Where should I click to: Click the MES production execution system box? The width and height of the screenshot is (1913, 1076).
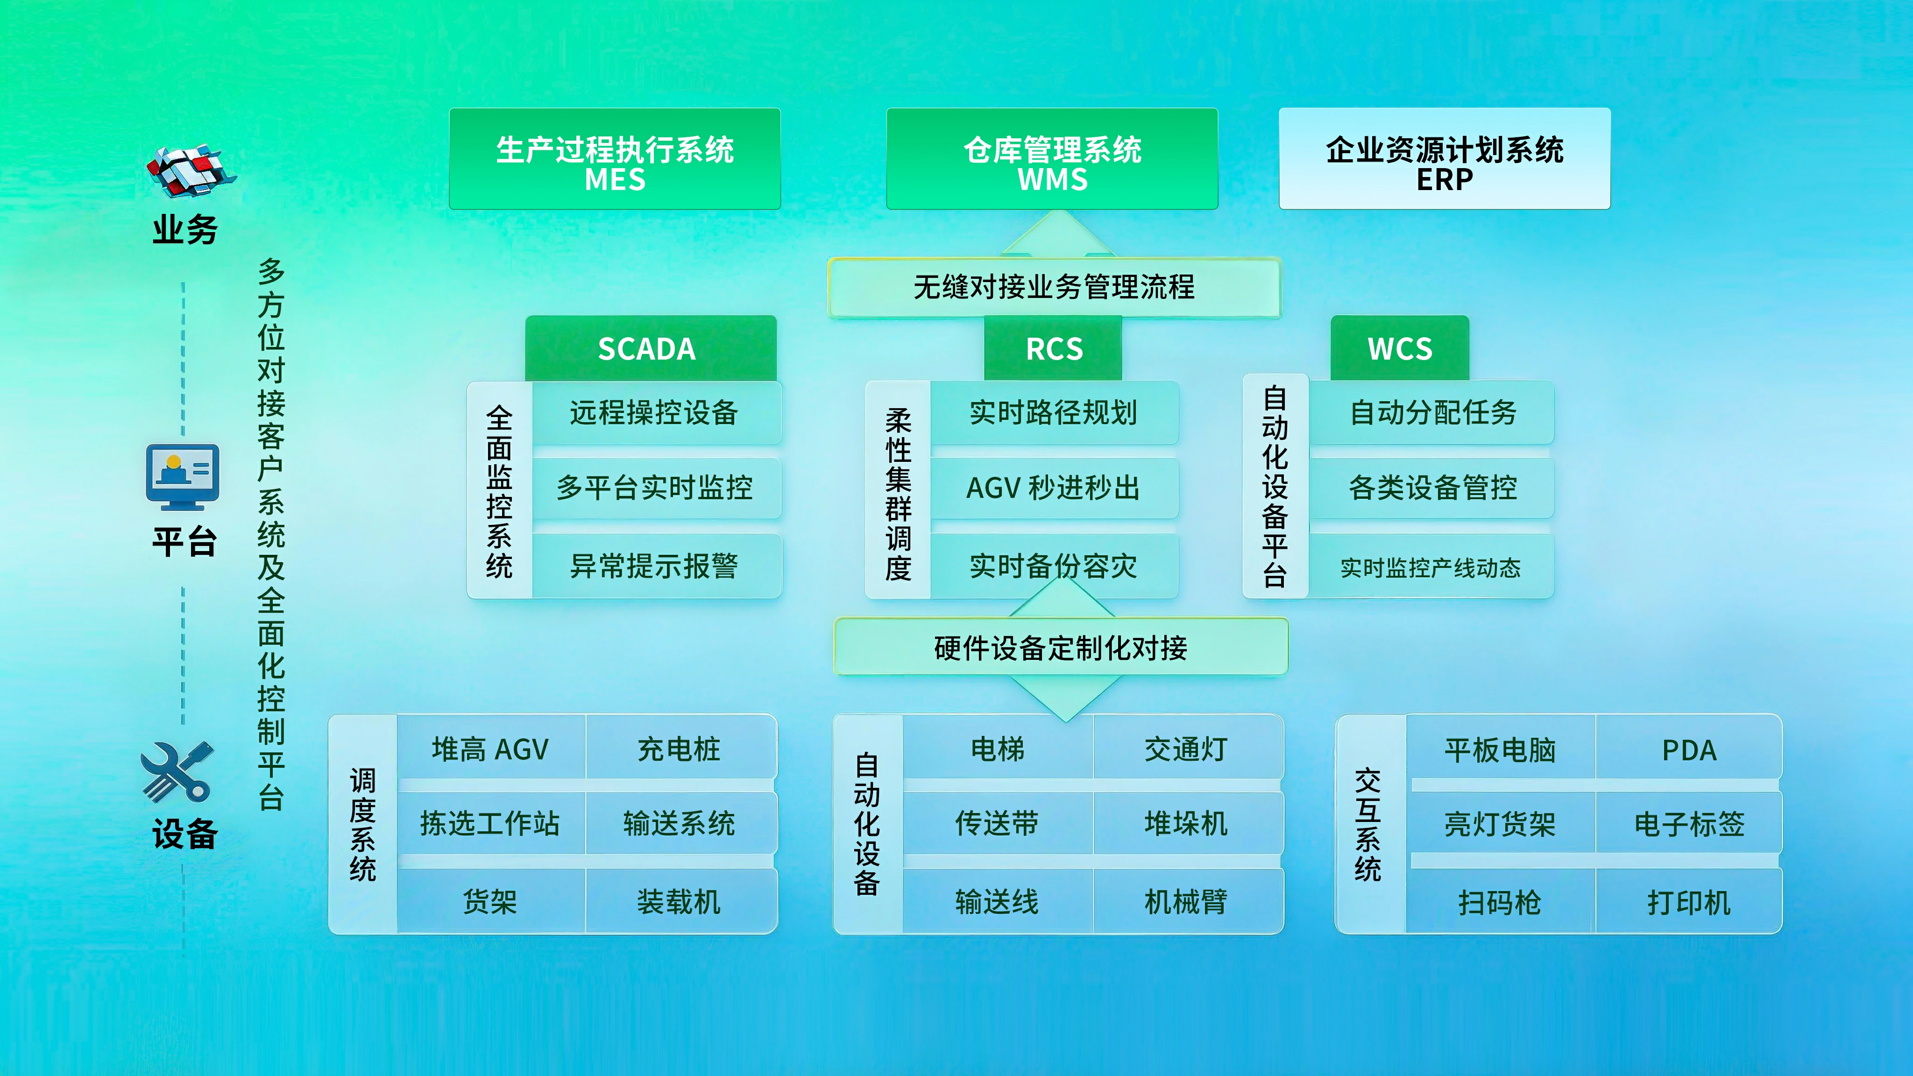[615, 159]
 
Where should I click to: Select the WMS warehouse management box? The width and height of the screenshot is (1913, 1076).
[1052, 159]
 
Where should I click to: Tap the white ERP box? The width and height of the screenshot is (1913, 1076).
[1445, 159]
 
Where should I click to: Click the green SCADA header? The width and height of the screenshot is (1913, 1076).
[651, 348]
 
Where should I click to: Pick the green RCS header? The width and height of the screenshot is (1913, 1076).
[1053, 348]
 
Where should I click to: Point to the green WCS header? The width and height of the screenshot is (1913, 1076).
[1400, 348]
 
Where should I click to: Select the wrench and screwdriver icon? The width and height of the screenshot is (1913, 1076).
[178, 772]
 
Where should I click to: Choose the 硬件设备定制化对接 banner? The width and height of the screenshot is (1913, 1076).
[1061, 647]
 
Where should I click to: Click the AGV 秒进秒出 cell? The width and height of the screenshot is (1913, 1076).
[1054, 488]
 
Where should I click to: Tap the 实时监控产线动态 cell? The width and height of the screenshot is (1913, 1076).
[1431, 566]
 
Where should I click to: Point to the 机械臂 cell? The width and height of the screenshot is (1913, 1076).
[1187, 901]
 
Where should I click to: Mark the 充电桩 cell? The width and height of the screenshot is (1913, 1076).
[680, 749]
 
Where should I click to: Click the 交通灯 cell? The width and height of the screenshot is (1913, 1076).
[1187, 749]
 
